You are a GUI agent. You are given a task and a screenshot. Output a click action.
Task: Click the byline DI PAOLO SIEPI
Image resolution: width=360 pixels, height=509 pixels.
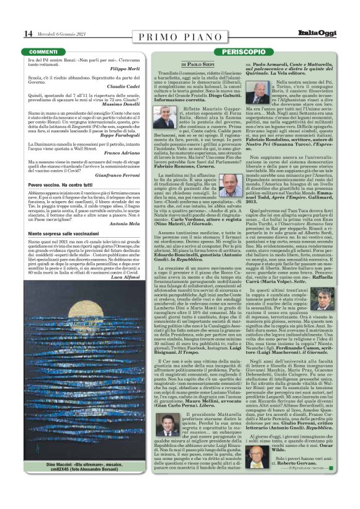197,64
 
